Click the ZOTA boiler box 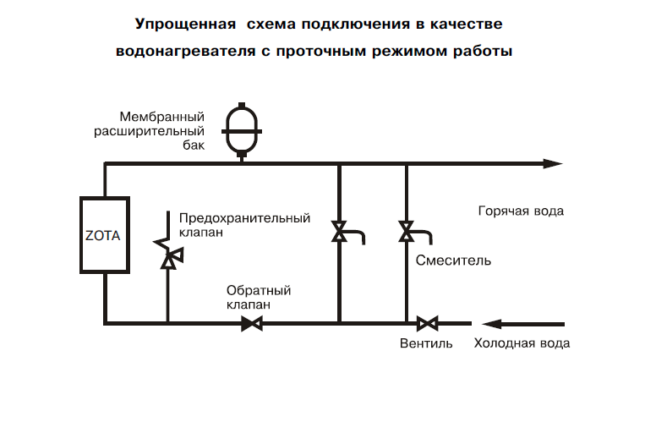(x=105, y=235)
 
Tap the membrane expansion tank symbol (x=242, y=131)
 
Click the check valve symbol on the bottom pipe (x=252, y=324)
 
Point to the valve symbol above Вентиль (x=428, y=324)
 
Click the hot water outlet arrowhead (x=553, y=163)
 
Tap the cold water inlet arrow (x=523, y=324)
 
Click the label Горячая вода (x=521, y=211)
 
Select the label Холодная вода (x=522, y=343)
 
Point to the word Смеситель (x=453, y=260)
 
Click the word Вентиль (x=426, y=343)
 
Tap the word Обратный (x=259, y=291)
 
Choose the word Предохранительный (x=245, y=218)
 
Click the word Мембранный (x=162, y=117)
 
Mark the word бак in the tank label (x=194, y=145)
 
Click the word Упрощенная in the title (x=186, y=25)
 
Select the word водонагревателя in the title (x=185, y=52)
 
